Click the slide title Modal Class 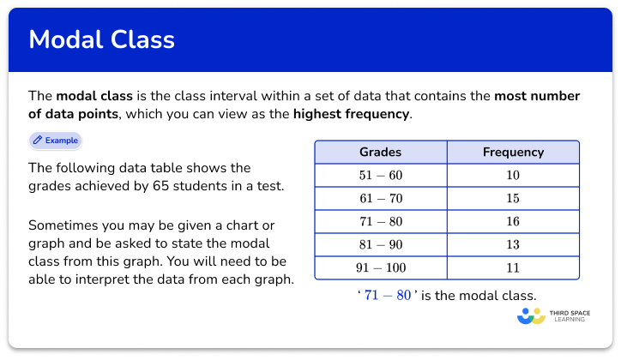[x=101, y=39]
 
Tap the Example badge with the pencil [x=56, y=140]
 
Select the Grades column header [x=380, y=152]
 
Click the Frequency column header [x=513, y=152]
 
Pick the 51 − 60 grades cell [x=380, y=176]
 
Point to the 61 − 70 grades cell [x=380, y=199]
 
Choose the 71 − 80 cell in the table [x=380, y=222]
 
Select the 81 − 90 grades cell [x=380, y=245]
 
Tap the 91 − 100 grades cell [x=380, y=268]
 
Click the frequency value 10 [x=513, y=176]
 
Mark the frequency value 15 [x=513, y=199]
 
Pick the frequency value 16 [x=513, y=222]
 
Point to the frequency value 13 [x=513, y=245]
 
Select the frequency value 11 [x=513, y=268]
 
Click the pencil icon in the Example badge [x=38, y=140]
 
